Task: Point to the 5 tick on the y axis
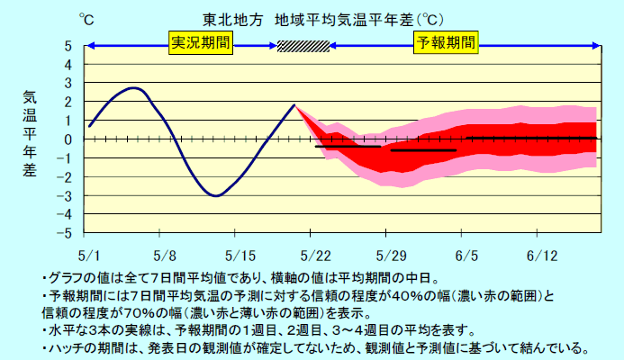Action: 68,46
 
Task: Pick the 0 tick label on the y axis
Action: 68,139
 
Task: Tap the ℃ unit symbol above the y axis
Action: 84,18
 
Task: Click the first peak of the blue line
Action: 134,88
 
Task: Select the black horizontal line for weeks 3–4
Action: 531,138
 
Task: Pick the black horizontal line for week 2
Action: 423,150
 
